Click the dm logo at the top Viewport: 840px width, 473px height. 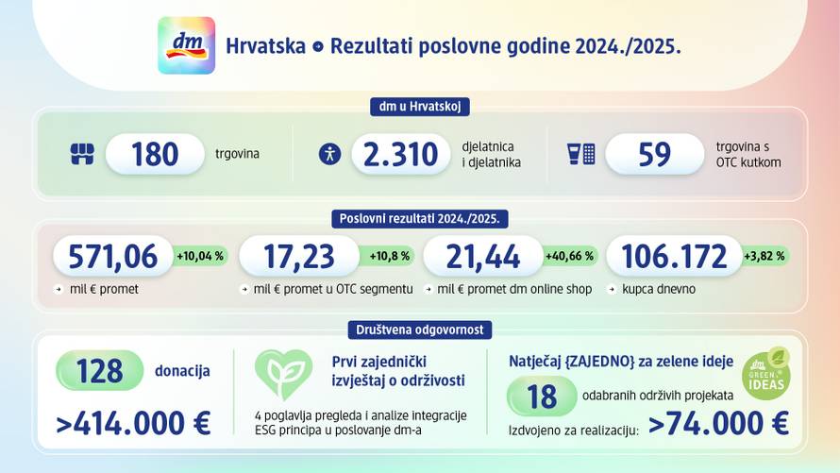click(x=186, y=45)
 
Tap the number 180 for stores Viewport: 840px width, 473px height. click(x=155, y=154)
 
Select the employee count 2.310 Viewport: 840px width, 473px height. click(x=401, y=154)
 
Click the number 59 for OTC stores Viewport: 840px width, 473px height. click(x=654, y=154)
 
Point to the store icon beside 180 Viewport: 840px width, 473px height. click(x=82, y=154)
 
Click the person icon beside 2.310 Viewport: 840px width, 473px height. click(x=329, y=154)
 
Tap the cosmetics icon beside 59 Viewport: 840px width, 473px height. click(x=580, y=154)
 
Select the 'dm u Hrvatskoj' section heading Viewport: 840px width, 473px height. click(x=419, y=107)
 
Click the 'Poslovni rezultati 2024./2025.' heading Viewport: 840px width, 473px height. click(x=420, y=218)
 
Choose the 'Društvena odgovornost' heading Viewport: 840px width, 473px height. click(x=419, y=329)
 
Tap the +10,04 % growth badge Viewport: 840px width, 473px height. click(x=200, y=256)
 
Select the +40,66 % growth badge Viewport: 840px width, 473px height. click(x=569, y=256)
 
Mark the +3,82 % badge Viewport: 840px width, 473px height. click(x=764, y=256)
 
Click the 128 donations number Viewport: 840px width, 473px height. click(x=100, y=370)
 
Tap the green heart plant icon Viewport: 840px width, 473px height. click(x=283, y=375)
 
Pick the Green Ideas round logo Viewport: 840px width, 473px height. click(x=765, y=374)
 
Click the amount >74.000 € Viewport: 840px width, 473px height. click(x=718, y=424)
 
